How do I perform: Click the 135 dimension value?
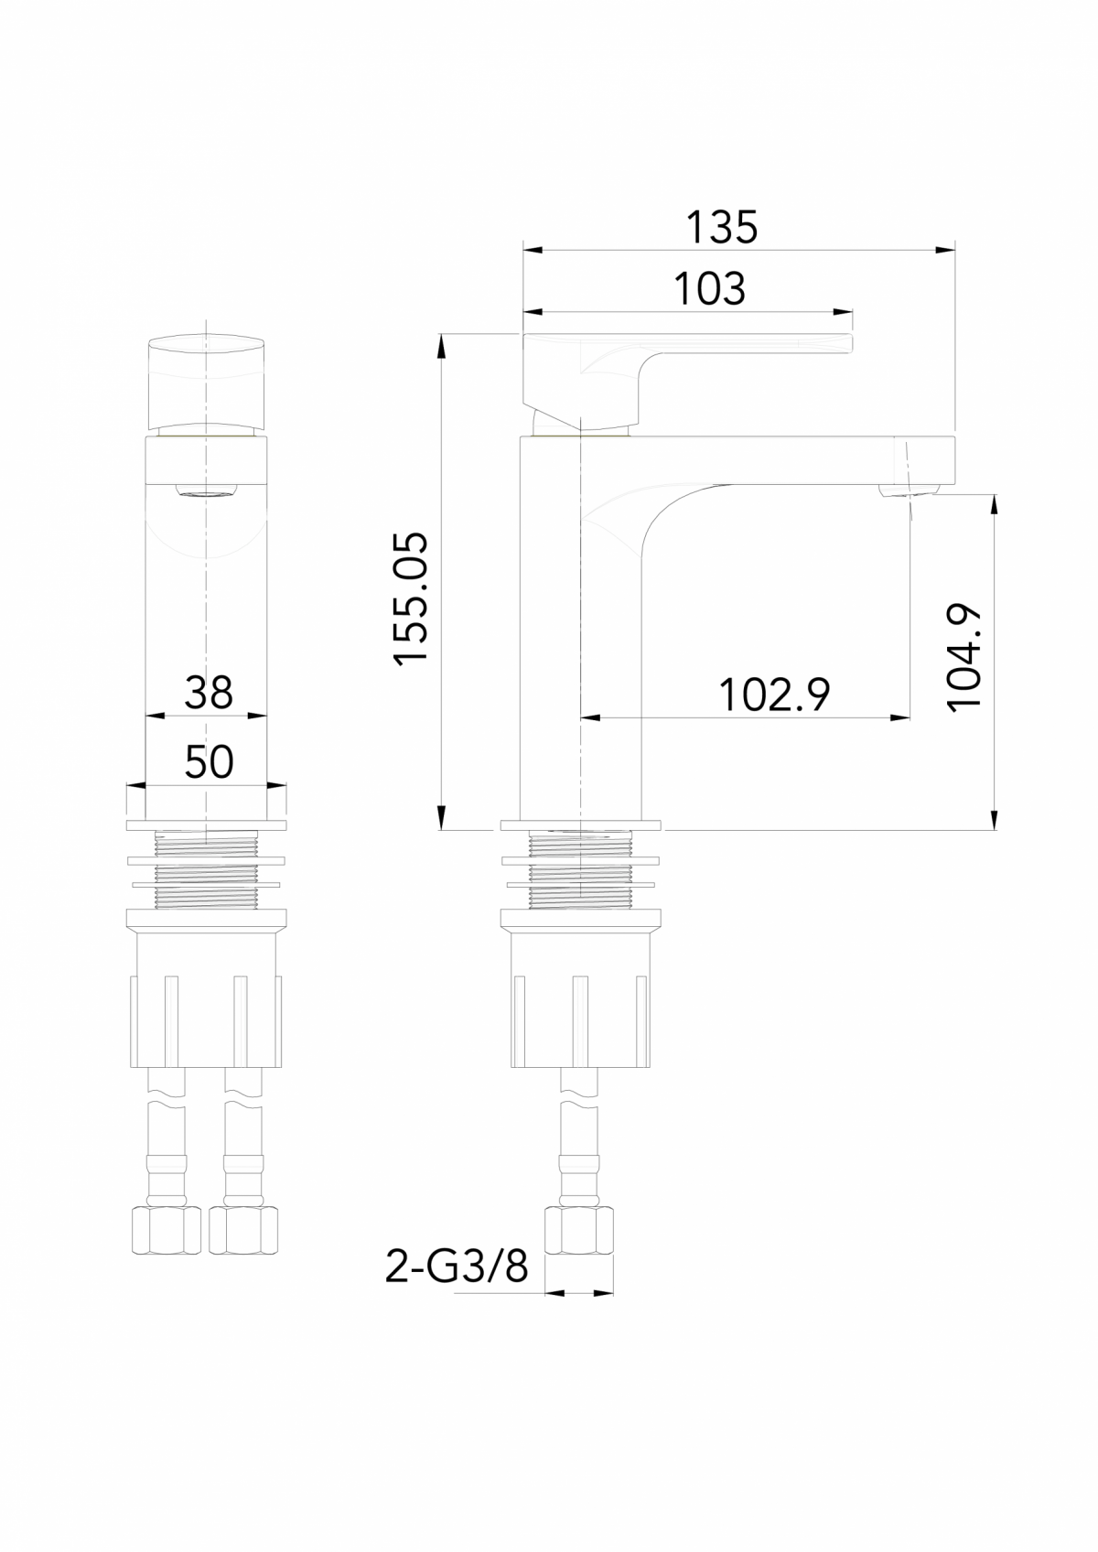click(722, 227)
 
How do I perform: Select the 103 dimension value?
click(710, 289)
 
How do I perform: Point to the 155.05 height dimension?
click(411, 598)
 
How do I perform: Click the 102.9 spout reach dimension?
click(774, 695)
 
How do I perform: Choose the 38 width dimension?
click(209, 693)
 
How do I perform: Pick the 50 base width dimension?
click(209, 761)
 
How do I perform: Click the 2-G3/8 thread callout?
click(457, 1267)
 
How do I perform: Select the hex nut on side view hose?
click(578, 1231)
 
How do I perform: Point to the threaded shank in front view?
click(207, 869)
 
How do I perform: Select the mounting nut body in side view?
click(580, 997)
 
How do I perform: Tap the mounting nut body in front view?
click(207, 997)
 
